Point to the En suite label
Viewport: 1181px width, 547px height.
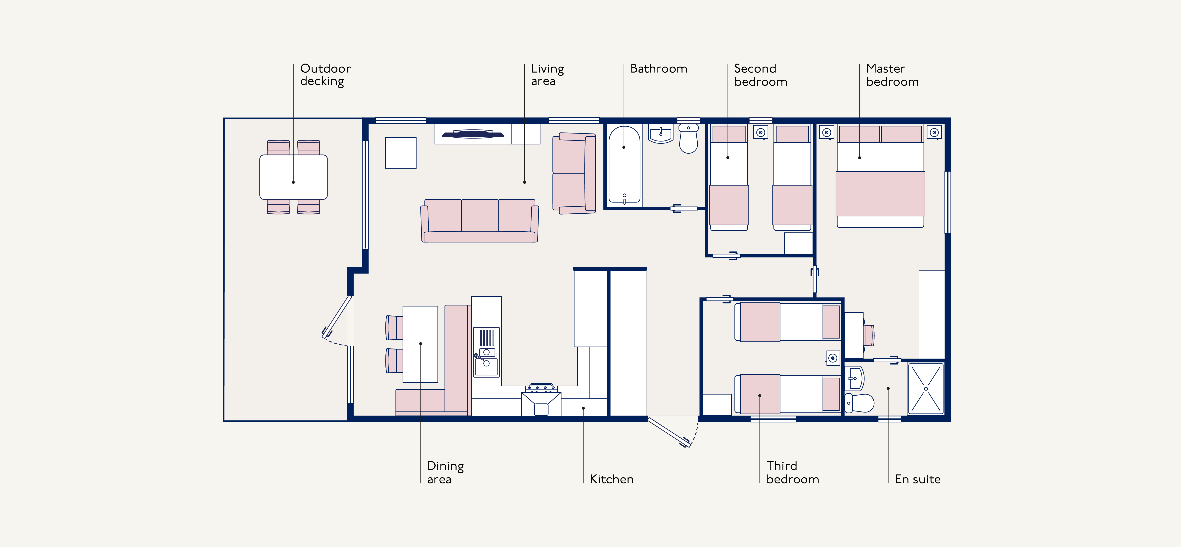[917, 479]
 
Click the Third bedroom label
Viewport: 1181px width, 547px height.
[792, 472]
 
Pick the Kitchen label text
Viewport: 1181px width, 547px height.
[612, 479]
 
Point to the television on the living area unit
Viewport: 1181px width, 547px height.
[473, 134]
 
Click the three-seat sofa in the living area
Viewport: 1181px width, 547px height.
[480, 220]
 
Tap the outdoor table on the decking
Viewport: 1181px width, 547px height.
[293, 177]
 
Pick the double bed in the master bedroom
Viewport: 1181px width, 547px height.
[880, 176]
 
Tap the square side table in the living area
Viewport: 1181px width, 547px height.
[401, 153]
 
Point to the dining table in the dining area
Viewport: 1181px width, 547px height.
[420, 344]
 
